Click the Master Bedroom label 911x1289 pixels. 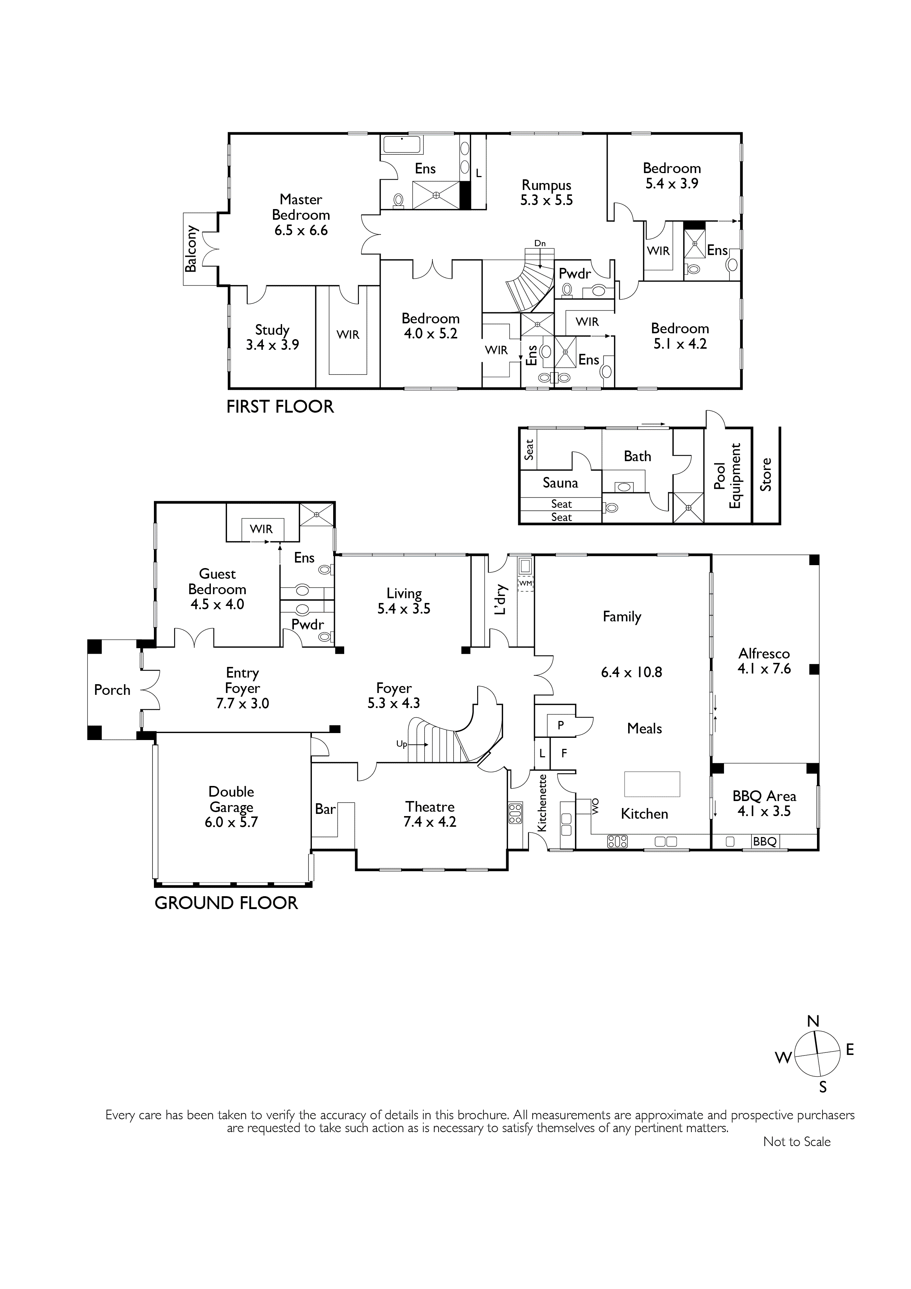click(x=301, y=207)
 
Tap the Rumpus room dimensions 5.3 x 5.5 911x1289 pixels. click(x=547, y=200)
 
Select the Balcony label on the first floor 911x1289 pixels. click(x=191, y=249)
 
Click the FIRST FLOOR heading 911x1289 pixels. click(x=280, y=406)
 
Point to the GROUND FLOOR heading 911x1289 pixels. click(x=226, y=903)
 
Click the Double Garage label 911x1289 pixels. click(x=231, y=800)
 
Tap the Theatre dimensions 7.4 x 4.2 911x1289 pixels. click(x=430, y=822)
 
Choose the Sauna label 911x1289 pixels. click(x=560, y=483)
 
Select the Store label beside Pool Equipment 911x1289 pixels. click(x=766, y=474)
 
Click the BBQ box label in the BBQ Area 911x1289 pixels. click(x=764, y=841)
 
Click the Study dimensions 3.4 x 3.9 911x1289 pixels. click(x=272, y=345)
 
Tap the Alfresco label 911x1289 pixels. click(x=764, y=653)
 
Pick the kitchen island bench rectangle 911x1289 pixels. click(x=652, y=784)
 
